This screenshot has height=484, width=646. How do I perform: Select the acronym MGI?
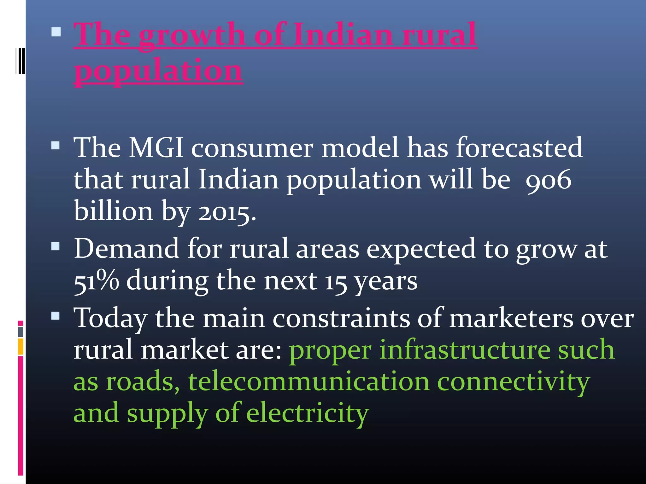coord(156,147)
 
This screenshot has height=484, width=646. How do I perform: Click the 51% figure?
coord(96,281)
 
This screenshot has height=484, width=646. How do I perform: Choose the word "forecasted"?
coord(519,147)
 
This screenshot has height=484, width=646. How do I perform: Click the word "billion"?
coord(114,211)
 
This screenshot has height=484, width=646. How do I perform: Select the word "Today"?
coord(110,318)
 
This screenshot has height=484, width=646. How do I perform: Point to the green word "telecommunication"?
coord(309,382)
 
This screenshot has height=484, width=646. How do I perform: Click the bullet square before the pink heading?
coord(56,32)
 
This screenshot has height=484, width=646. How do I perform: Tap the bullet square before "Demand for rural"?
coord(56,246)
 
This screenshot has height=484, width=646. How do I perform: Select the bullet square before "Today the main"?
coord(56,315)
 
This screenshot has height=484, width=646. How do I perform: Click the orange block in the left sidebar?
coord(21,346)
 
